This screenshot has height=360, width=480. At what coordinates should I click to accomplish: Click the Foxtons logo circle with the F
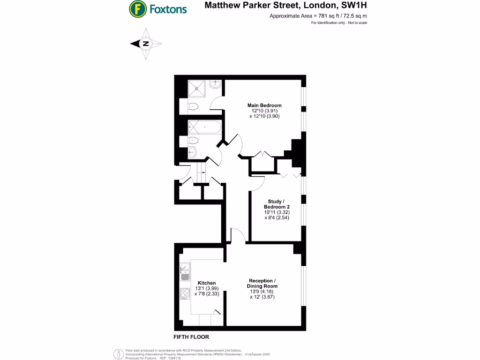[x=137, y=8]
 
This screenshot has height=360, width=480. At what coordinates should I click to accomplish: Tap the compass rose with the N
[x=146, y=44]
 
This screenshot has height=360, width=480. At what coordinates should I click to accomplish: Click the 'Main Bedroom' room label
[x=264, y=105]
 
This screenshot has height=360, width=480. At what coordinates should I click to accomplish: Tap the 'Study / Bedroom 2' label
[x=275, y=204]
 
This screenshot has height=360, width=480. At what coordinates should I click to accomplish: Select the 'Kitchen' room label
[x=207, y=283]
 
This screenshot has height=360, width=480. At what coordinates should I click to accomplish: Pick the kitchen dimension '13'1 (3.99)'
[x=207, y=288]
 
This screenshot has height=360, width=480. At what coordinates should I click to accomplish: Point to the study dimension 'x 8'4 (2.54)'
[x=275, y=217]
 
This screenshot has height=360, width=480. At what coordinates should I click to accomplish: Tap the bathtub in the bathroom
[x=204, y=127]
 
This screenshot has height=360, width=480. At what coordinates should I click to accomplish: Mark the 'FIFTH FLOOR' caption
[x=191, y=337]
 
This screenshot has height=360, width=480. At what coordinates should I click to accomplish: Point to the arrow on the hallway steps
[x=202, y=172]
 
